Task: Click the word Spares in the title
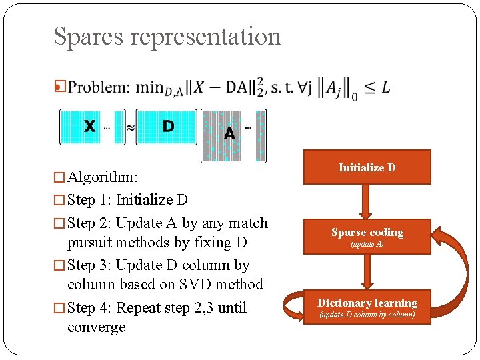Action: [x=88, y=37]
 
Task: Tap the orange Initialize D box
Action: [x=367, y=167]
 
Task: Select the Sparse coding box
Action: [x=367, y=236]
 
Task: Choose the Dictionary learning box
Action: [x=367, y=307]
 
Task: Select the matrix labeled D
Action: [x=167, y=127]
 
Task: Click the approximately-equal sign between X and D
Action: [x=131, y=127]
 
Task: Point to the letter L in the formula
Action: [x=386, y=88]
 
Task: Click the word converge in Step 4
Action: [x=96, y=327]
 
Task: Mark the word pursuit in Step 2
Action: [x=91, y=242]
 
